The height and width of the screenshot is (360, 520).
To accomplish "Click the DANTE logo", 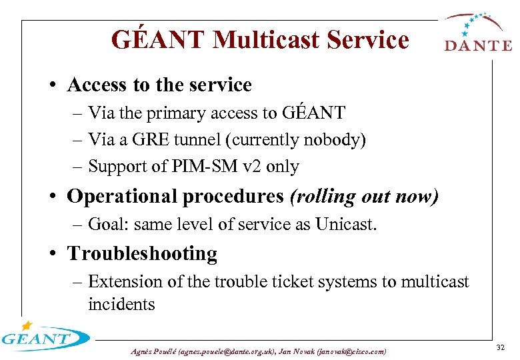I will (x=477, y=33).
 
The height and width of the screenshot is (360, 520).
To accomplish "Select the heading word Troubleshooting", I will (x=142, y=254).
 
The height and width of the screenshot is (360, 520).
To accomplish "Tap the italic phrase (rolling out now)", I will (x=363, y=197).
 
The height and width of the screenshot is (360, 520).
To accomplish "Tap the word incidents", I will (x=121, y=305).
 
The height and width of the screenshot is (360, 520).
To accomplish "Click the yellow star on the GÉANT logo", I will (x=27, y=326).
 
